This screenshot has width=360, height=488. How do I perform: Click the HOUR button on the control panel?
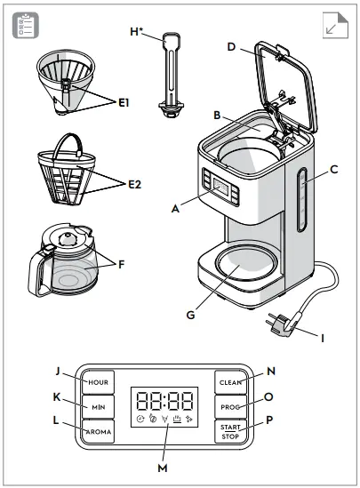click(99, 381)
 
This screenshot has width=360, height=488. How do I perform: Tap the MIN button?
click(99, 406)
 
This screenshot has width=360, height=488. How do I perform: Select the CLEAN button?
click(231, 381)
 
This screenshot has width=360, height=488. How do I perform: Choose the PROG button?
click(231, 406)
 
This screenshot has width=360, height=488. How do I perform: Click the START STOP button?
click(231, 432)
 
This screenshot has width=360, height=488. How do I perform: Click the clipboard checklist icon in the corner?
click(25, 26)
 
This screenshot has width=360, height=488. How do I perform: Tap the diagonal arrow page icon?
click(333, 26)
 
